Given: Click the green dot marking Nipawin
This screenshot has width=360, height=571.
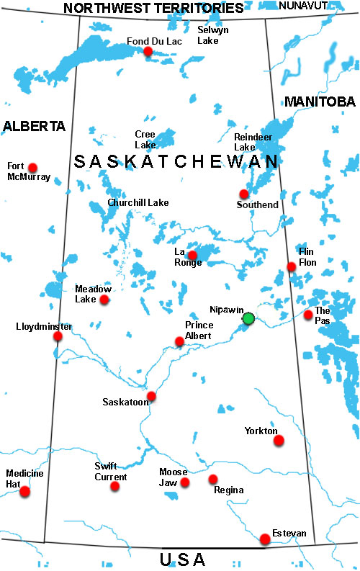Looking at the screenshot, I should pyautogui.click(x=248, y=318).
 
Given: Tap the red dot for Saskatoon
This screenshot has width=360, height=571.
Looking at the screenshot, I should pyautogui.click(x=151, y=396).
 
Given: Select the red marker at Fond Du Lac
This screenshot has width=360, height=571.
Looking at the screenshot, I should pyautogui.click(x=148, y=51).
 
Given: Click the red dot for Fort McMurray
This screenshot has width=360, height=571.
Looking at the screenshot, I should pyautogui.click(x=32, y=168).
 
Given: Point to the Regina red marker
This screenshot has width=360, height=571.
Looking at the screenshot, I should pyautogui.click(x=212, y=479).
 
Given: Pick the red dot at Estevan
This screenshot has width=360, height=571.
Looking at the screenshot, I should pyautogui.click(x=265, y=539).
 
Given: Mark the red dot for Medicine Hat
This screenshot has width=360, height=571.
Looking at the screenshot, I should pyautogui.click(x=25, y=492).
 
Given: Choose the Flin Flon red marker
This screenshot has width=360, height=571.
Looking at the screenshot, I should pyautogui.click(x=292, y=267).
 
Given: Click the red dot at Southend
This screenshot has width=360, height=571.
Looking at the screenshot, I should pyautogui.click(x=244, y=194).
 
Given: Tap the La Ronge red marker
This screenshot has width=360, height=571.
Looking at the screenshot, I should pyautogui.click(x=192, y=255).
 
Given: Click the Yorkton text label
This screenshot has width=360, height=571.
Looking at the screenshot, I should pyautogui.click(x=261, y=431).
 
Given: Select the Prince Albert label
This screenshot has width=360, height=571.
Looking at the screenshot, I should pyautogui.click(x=199, y=329).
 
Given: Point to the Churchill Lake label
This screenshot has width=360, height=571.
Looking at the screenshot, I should pyautogui.click(x=138, y=203).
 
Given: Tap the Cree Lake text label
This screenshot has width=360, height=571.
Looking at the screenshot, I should pyautogui.click(x=145, y=139).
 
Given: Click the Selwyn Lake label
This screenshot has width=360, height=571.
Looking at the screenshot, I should pyautogui.click(x=213, y=35).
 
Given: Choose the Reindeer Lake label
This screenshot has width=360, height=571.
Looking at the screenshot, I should pyautogui.click(x=250, y=141).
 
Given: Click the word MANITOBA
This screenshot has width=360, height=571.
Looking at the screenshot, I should pyautogui.click(x=320, y=102).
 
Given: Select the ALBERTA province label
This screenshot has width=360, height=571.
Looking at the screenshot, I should pyautogui.click(x=34, y=126).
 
